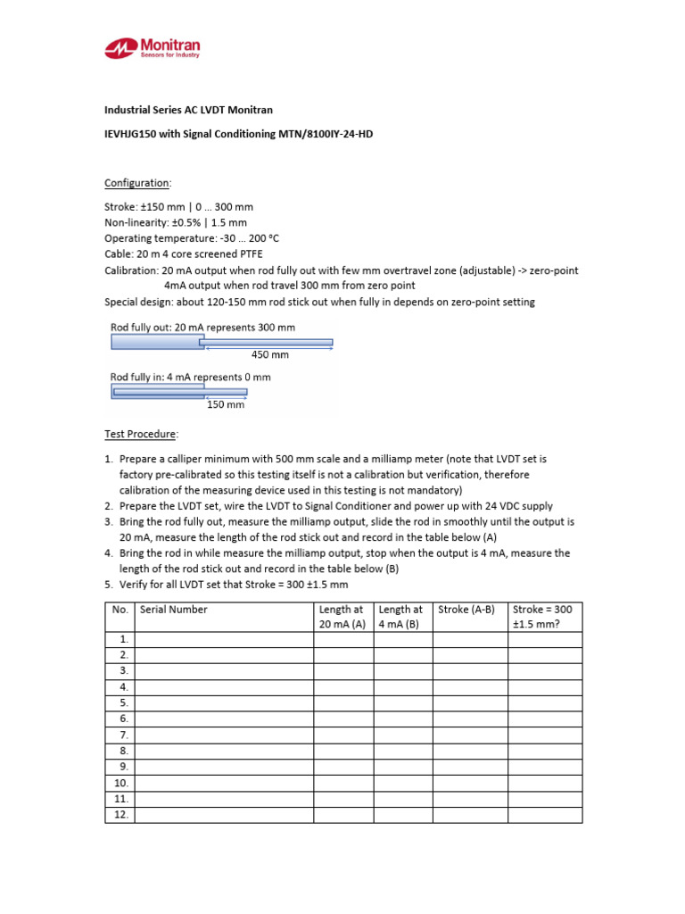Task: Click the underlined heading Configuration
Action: pos(136,183)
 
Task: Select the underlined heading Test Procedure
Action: pos(140,434)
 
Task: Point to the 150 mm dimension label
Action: pos(226,404)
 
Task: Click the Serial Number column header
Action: pos(174,610)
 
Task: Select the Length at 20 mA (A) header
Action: pos(342,617)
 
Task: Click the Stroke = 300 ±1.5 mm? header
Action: pos(544,617)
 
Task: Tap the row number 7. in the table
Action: pos(123,735)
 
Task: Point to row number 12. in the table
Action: pos(120,815)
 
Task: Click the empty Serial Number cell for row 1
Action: pos(223,639)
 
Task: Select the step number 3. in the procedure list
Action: pos(110,521)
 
